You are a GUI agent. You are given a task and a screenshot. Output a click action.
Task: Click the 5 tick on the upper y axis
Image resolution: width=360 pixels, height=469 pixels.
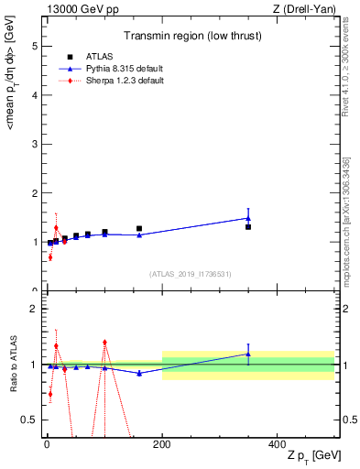click(x=35, y=45)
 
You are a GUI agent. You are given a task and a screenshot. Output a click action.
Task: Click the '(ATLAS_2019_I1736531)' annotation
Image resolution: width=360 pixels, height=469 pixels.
click(x=191, y=274)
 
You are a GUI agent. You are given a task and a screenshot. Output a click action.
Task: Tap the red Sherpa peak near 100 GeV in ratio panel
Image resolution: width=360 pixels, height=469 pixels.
click(x=105, y=342)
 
